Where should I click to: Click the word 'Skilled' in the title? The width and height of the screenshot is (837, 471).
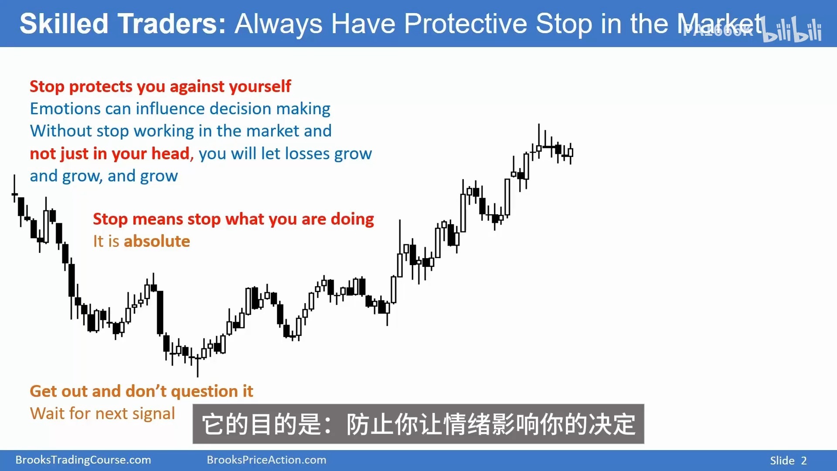64,24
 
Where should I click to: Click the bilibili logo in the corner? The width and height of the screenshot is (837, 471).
792,30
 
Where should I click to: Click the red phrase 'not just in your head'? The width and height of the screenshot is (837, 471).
109,154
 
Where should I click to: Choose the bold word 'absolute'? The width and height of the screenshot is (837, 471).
157,241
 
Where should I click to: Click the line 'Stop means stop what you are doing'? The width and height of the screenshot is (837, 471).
233,219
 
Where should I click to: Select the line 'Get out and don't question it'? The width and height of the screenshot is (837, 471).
141,391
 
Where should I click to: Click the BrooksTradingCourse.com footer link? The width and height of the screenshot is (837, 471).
83,460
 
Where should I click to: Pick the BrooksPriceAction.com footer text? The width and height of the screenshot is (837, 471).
266,460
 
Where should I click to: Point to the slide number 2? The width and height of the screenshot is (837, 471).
804,461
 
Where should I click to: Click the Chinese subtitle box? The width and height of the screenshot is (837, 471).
418,424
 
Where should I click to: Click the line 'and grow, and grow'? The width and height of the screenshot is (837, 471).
104,176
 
